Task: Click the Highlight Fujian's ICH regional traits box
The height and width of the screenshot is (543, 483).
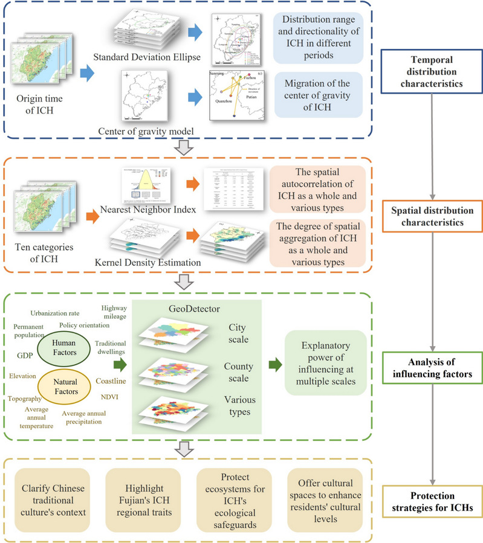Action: pos(143,501)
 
